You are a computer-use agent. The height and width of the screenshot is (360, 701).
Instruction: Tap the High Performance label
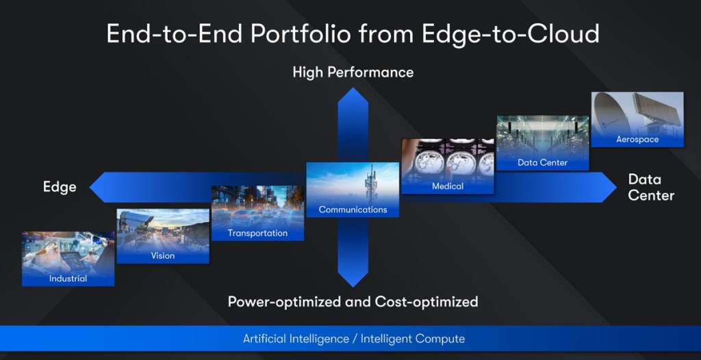pyautogui.click(x=353, y=72)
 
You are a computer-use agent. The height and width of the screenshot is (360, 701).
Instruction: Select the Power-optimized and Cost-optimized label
pyautogui.click(x=353, y=302)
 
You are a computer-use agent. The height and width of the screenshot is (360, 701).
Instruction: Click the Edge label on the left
pyautogui.click(x=60, y=187)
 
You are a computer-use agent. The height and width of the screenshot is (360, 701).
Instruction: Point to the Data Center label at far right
pyautogui.click(x=650, y=187)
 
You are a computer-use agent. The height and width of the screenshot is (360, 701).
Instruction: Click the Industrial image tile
pyautogui.click(x=68, y=259)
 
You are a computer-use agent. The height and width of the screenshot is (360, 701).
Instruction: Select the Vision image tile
pyautogui.click(x=163, y=236)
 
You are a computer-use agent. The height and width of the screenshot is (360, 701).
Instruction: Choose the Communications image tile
pyautogui.click(x=353, y=190)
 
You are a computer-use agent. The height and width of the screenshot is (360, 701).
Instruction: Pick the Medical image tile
pyautogui.click(x=448, y=166)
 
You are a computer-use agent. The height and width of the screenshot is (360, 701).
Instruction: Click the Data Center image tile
pyautogui.click(x=542, y=143)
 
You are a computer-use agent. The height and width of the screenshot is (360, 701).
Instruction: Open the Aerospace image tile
pyautogui.click(x=637, y=120)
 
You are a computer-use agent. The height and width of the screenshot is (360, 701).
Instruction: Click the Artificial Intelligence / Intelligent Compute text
pyautogui.click(x=353, y=339)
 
